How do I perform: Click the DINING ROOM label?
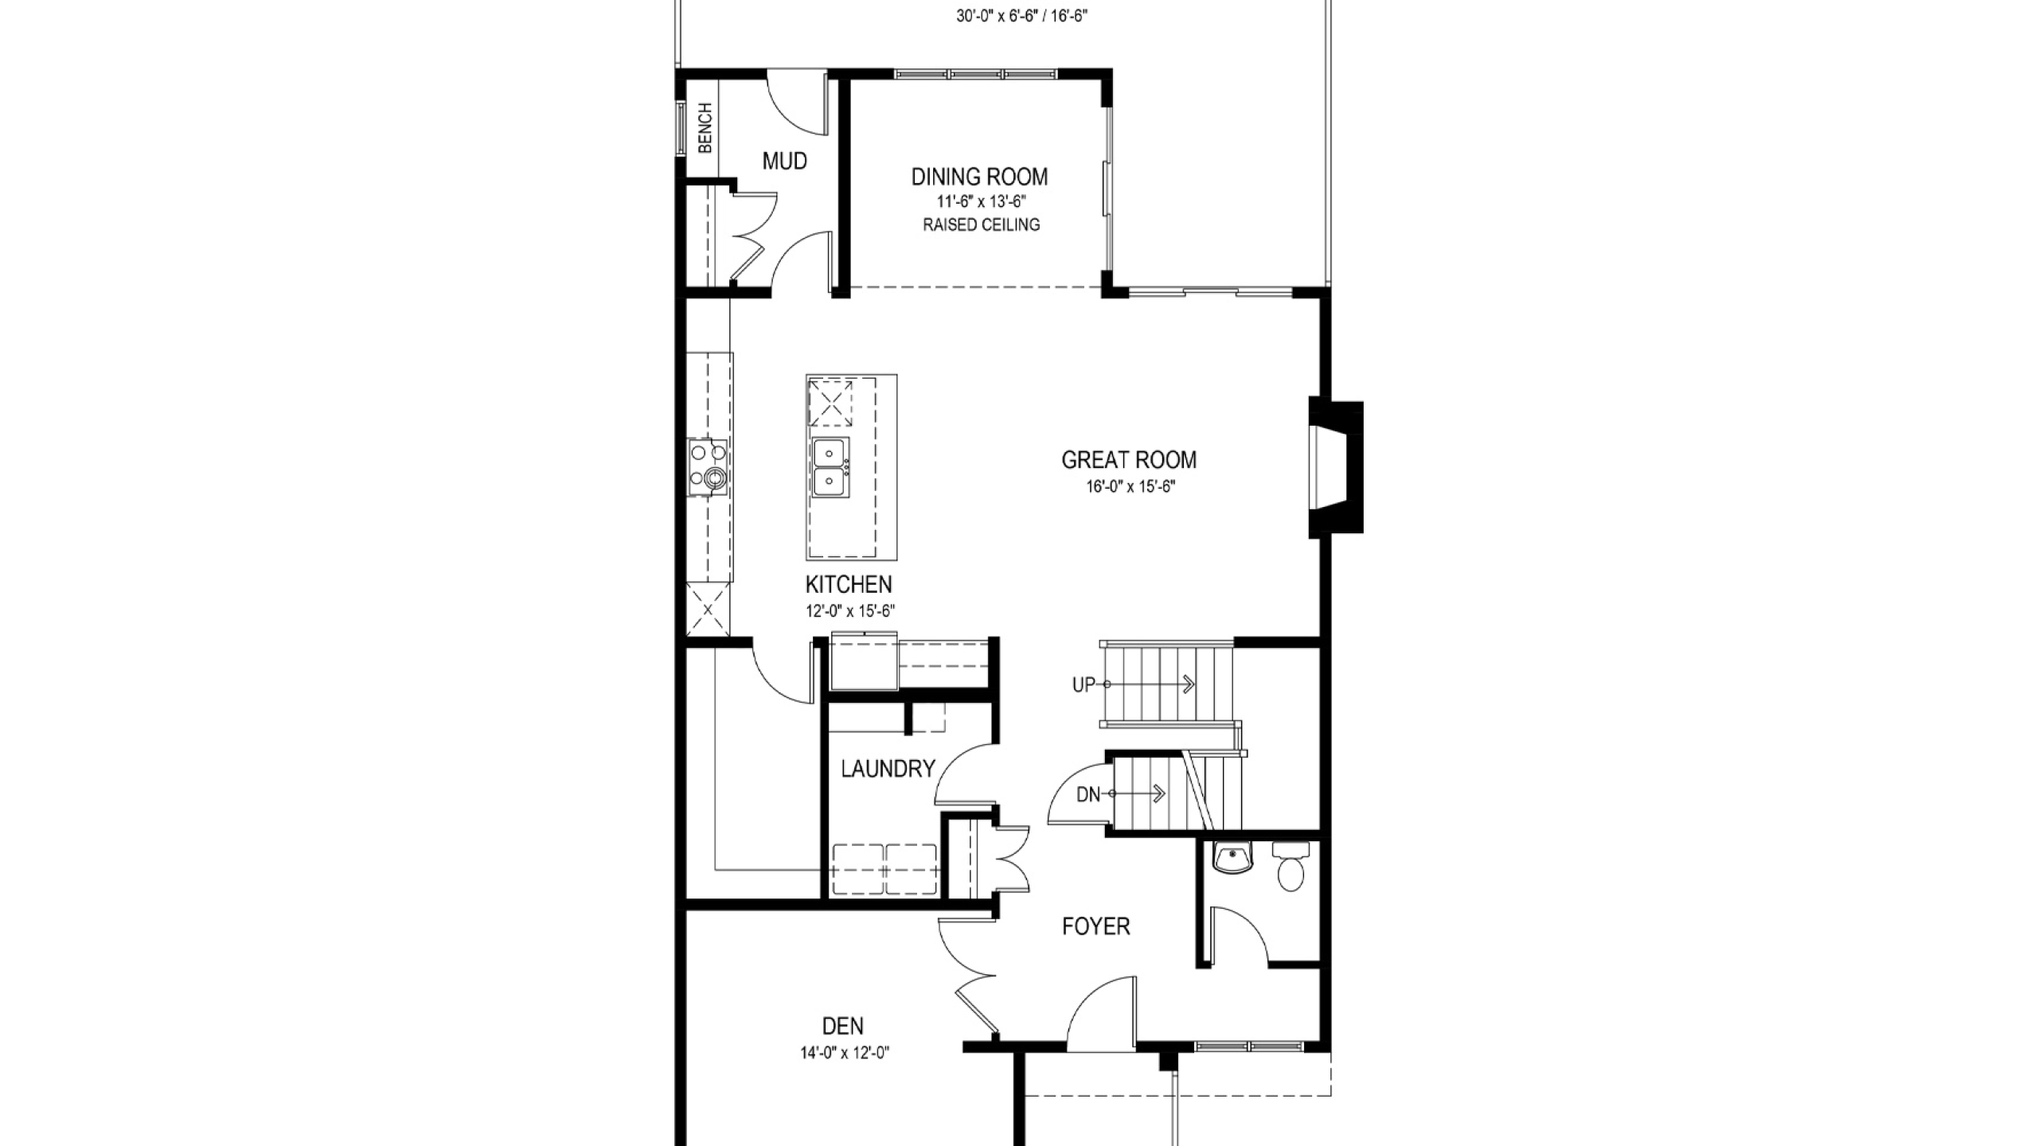coord(979,177)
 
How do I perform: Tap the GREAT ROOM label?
coord(1129,460)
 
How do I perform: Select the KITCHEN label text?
coord(849,585)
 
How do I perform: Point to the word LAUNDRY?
coord(888,769)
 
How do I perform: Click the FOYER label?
coord(1096,926)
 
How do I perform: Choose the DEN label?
coord(843,1026)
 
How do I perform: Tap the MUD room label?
coord(785,162)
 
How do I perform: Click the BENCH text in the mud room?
coord(705,128)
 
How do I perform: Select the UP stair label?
coord(1083,684)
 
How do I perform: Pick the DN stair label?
coord(1088,794)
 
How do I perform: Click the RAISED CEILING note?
coord(981,225)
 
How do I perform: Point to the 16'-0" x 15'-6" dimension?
coord(1130,487)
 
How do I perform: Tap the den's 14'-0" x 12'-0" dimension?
coord(845,1054)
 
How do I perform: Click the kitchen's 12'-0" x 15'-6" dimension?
coord(850,611)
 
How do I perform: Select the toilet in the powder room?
coord(1290,867)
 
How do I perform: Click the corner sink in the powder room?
coord(1232,858)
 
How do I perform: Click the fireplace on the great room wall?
coord(1336,468)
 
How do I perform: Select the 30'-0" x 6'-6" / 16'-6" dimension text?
coord(1022,17)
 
